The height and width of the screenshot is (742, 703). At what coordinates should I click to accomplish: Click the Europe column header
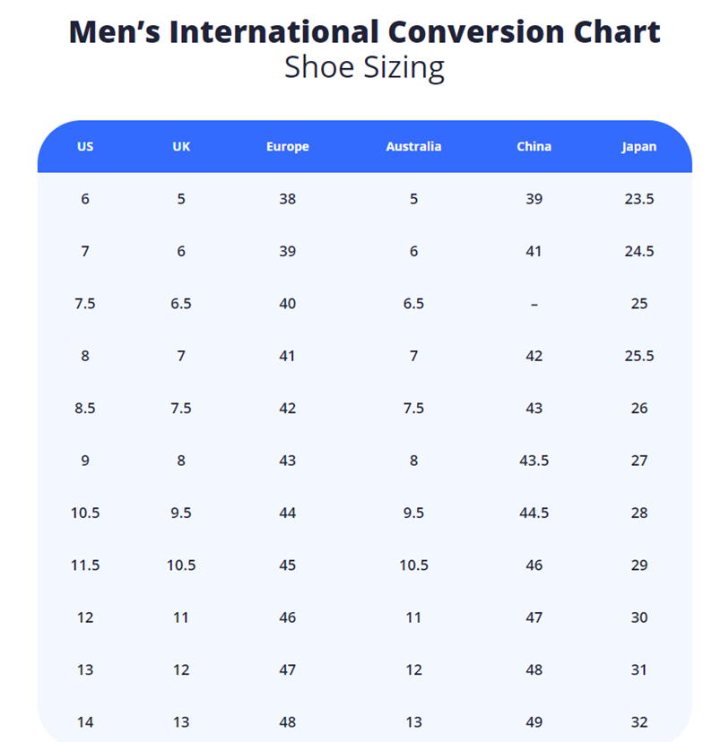pos(287,147)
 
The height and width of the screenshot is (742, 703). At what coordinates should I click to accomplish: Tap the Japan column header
pos(639,147)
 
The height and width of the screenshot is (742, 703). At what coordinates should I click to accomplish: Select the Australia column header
pos(413,147)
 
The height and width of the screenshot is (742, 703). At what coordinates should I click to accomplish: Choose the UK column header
pos(181,147)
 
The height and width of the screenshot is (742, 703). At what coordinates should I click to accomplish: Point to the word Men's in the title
pos(114,32)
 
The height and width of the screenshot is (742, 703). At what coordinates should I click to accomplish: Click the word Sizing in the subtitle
pos(403,67)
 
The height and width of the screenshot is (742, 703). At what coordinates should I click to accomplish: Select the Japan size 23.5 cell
pos(639,199)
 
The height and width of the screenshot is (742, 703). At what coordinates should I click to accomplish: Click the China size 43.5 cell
pos(534,461)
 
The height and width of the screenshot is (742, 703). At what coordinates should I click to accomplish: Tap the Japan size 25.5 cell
pos(639,356)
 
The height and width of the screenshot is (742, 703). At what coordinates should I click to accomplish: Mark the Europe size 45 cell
pos(287,565)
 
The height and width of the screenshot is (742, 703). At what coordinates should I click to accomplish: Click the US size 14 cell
pos(85,722)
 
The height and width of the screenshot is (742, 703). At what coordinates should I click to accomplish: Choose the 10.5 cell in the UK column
pos(181,565)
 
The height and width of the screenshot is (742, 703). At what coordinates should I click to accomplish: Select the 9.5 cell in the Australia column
pos(413,513)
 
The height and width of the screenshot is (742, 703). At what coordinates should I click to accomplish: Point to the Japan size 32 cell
pos(639,722)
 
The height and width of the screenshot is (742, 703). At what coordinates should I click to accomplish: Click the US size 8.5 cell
pos(85,409)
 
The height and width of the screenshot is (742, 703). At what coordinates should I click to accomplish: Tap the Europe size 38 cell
pos(287,199)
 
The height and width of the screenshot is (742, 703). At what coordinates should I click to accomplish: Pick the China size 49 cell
pos(534,722)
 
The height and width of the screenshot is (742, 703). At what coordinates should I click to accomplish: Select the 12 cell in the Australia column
pos(413,670)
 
